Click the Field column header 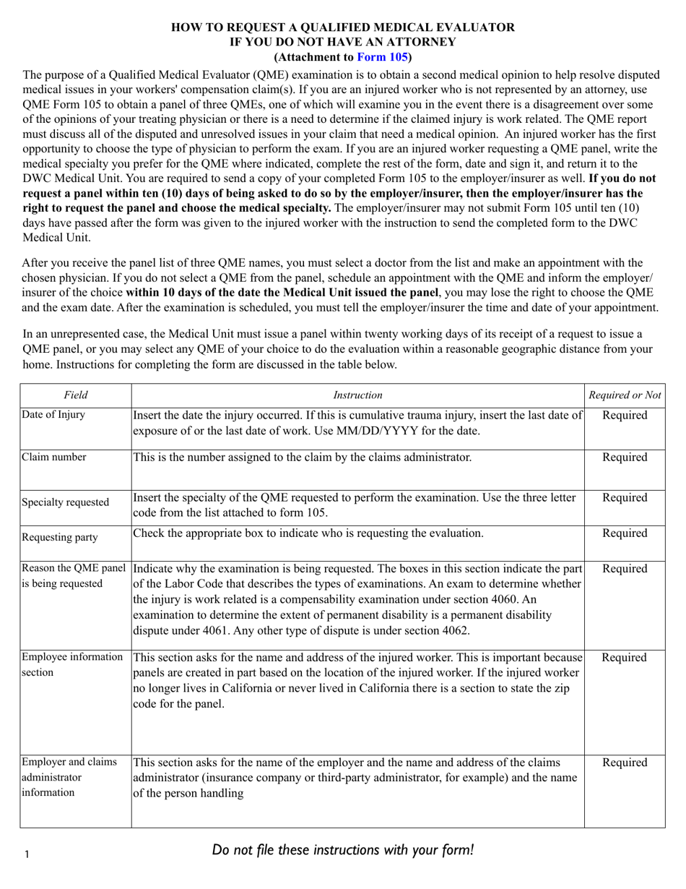coord(75,395)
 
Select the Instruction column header coord(357,395)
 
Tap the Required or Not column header coord(625,395)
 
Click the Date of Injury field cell coord(53,415)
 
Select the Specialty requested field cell coord(66,502)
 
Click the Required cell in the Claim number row coord(625,458)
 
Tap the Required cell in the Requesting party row coord(625,533)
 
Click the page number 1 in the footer coord(27,855)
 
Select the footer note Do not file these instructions coord(343,850)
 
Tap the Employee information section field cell coord(72,664)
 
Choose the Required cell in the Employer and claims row coord(625,763)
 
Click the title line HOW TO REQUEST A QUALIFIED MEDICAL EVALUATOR coord(343,27)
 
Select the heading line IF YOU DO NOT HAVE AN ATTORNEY coord(343,42)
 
